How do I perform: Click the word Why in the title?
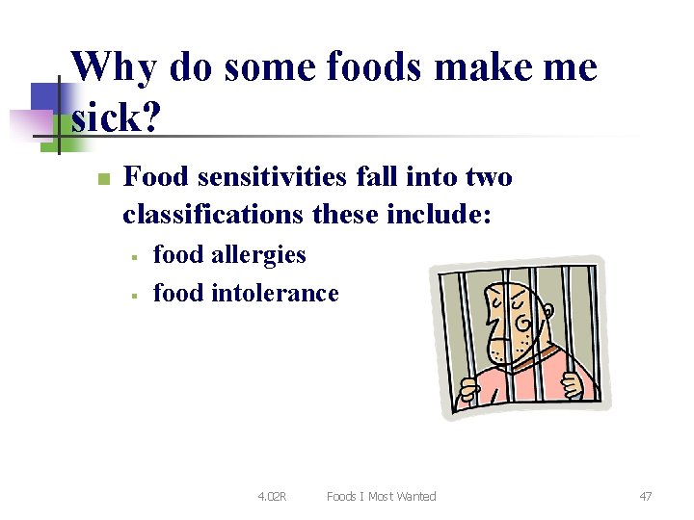pos(114,67)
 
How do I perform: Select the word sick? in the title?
pos(116,119)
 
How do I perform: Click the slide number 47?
pos(645,497)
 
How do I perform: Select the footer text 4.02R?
pos(272,497)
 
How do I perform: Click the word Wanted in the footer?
pos(414,497)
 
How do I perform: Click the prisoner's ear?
pos(547,310)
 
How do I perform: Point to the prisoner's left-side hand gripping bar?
pos(469,391)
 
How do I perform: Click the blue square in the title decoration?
pos(50,98)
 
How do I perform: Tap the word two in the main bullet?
pos(489,177)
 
